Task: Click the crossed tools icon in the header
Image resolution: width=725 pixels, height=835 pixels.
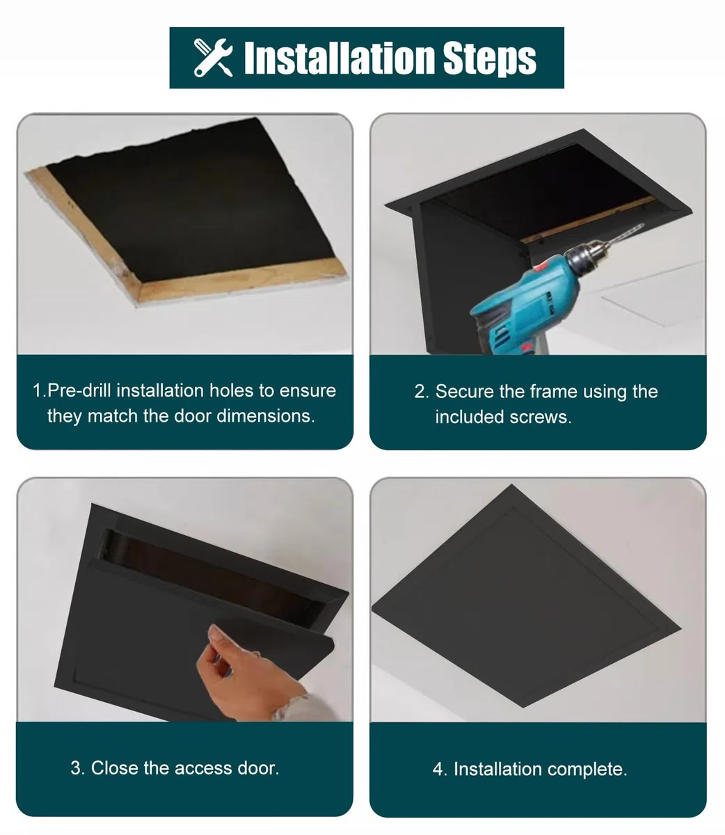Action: coord(213,58)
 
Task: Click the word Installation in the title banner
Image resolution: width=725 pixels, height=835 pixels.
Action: coord(339,58)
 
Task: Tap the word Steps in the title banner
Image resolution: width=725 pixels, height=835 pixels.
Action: coord(489,59)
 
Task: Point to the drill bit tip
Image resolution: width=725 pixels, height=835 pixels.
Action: coord(643,224)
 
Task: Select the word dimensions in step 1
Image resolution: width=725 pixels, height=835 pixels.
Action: coord(266,416)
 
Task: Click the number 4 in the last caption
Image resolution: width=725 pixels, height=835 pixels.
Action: coord(438,770)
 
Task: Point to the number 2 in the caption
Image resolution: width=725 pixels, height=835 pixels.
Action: coord(420,392)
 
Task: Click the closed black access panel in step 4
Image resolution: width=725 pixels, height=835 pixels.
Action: coord(526,596)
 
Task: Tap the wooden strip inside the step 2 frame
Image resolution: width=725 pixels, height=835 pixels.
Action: coord(587,220)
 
